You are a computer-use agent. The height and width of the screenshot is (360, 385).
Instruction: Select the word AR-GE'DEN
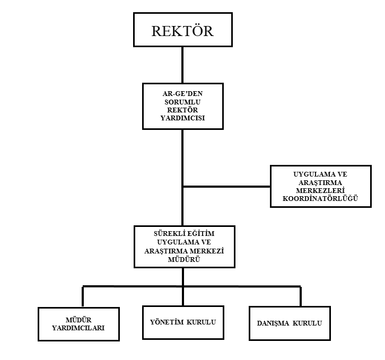[182, 93]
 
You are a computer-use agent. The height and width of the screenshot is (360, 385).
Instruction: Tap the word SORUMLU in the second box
[182, 102]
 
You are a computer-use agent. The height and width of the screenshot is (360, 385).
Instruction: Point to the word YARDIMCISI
[182, 118]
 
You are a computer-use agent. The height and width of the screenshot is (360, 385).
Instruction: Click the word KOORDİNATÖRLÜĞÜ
[320, 198]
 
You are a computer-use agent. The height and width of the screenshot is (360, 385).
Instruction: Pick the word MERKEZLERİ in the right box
[320, 190]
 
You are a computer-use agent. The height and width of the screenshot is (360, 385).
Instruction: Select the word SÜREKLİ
[169, 233]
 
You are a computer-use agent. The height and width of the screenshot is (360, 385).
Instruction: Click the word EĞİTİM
[200, 233]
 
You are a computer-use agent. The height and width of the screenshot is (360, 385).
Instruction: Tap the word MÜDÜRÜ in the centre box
[184, 259]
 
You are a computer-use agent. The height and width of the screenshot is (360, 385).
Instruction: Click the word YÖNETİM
[167, 322]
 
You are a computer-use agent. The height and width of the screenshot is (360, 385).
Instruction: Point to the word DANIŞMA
[273, 323]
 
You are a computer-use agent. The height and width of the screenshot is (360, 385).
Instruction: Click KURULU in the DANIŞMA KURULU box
[307, 323]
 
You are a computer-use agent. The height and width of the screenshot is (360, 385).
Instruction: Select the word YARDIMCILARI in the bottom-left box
[78, 328]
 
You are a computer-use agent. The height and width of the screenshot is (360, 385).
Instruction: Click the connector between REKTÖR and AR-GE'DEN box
[182, 65]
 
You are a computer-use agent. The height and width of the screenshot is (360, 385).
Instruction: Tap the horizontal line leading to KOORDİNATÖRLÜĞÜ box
[226, 187]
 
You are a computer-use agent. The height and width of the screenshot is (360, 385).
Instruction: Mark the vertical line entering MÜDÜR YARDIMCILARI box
[83, 296]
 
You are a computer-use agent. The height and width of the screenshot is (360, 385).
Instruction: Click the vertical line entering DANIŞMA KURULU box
[301, 296]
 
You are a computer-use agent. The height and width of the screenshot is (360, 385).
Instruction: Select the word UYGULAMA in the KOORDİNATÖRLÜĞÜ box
[312, 174]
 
